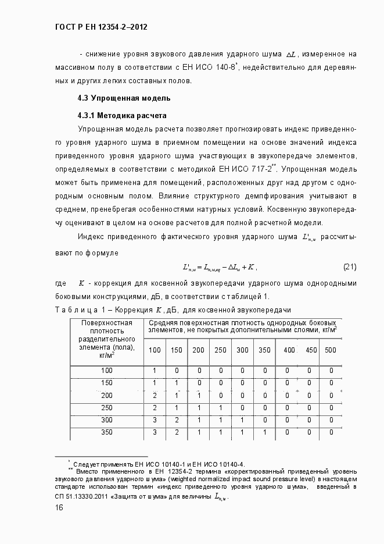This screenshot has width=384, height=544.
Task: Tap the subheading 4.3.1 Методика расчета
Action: [x=122, y=115]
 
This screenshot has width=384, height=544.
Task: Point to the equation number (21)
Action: [x=349, y=267]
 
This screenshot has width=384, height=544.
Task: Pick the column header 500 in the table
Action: [x=331, y=350]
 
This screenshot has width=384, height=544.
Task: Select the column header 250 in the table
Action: [x=221, y=350]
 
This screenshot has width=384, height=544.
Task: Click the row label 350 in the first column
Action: [x=107, y=432]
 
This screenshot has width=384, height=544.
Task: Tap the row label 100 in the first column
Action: [x=107, y=371]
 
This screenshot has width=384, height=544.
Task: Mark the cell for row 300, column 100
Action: [x=155, y=420]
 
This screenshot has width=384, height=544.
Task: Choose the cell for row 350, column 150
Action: [x=177, y=432]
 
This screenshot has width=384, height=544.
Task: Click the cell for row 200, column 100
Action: [x=155, y=396]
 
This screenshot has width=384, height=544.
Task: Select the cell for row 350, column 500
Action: [x=331, y=432]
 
